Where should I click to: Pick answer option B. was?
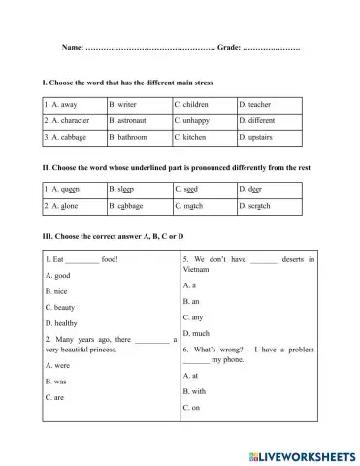point(56,382)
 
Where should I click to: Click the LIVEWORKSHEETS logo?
point(303,454)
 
